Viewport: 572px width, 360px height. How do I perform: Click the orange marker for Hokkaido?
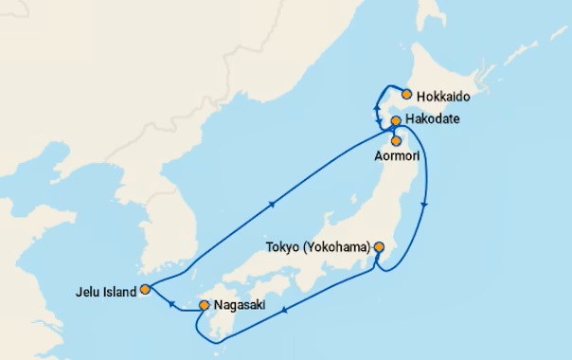[406, 94]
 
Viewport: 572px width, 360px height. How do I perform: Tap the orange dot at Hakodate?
[395, 121]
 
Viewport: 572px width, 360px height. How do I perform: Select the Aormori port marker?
[396, 140]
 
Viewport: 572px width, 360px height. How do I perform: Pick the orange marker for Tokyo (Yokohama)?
[379, 247]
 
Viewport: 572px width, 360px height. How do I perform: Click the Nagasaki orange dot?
[204, 305]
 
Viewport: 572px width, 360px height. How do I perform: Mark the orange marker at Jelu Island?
[144, 290]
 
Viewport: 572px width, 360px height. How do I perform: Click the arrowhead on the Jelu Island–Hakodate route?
[273, 203]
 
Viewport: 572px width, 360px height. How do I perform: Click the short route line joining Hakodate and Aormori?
[394, 131]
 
